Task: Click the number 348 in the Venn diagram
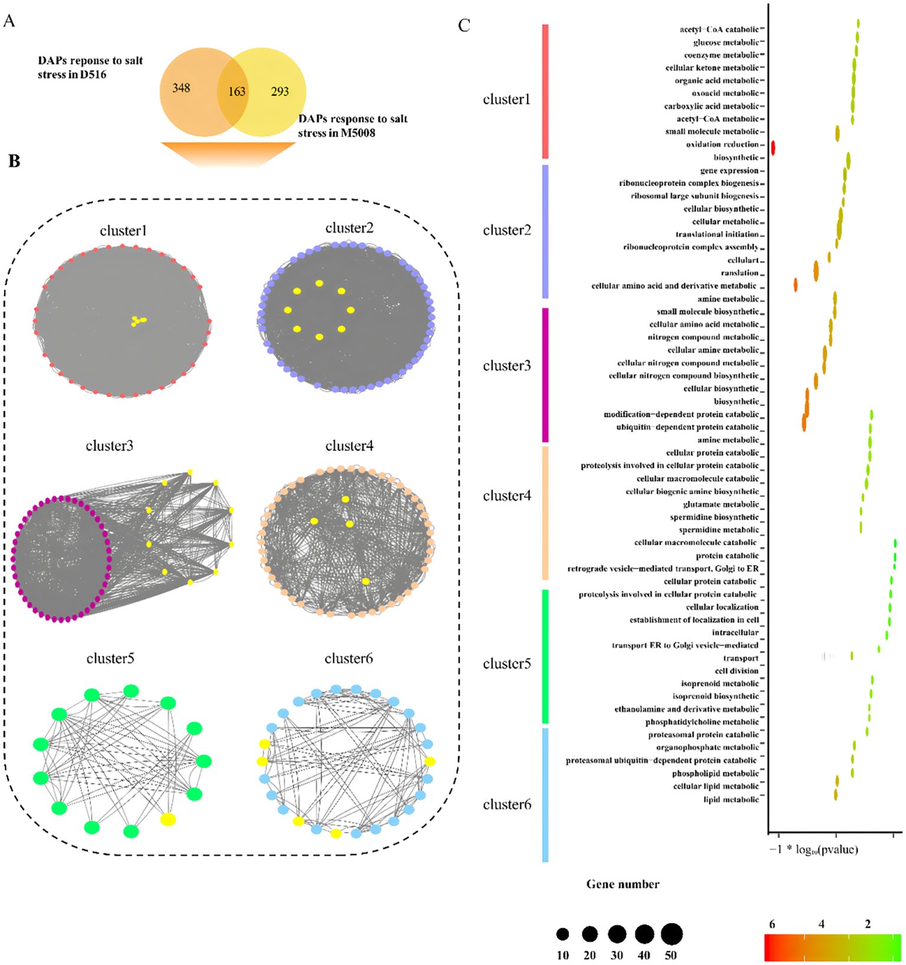(181, 88)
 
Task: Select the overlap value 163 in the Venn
(237, 92)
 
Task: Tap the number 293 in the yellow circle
(280, 92)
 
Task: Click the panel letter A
(9, 22)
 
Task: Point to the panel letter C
(464, 25)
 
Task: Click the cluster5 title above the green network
(110, 658)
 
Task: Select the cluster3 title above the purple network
(109, 445)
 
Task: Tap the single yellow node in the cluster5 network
(168, 819)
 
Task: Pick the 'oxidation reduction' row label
(722, 144)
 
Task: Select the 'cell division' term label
(736, 671)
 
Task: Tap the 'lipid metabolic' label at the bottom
(731, 800)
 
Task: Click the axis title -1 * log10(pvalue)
(813, 850)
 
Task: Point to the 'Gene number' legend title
(623, 884)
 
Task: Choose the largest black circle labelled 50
(672, 934)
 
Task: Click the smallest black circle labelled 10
(562, 934)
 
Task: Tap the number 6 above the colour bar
(771, 924)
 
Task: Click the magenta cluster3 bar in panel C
(545, 374)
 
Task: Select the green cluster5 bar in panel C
(545, 656)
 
